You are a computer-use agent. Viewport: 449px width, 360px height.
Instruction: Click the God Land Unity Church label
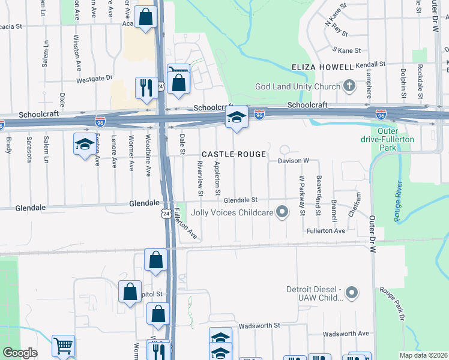pyautogui.click(x=298, y=86)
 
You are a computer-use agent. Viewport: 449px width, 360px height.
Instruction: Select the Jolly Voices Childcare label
pyautogui.click(x=232, y=212)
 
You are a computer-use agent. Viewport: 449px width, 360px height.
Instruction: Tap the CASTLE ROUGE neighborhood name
pyautogui.click(x=234, y=155)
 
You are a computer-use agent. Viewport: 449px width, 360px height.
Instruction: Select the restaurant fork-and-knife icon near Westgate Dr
pyautogui.click(x=146, y=89)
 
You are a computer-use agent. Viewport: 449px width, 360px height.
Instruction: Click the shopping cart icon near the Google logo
pyautogui.click(x=63, y=346)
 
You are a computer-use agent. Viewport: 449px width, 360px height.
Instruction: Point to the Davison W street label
pyautogui.click(x=293, y=161)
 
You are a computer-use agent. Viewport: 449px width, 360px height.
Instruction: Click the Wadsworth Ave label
pyautogui.click(x=346, y=334)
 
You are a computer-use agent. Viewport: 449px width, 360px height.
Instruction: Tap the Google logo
pyautogui.click(x=20, y=353)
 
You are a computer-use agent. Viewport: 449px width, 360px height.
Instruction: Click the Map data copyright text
pyautogui.click(x=424, y=355)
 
